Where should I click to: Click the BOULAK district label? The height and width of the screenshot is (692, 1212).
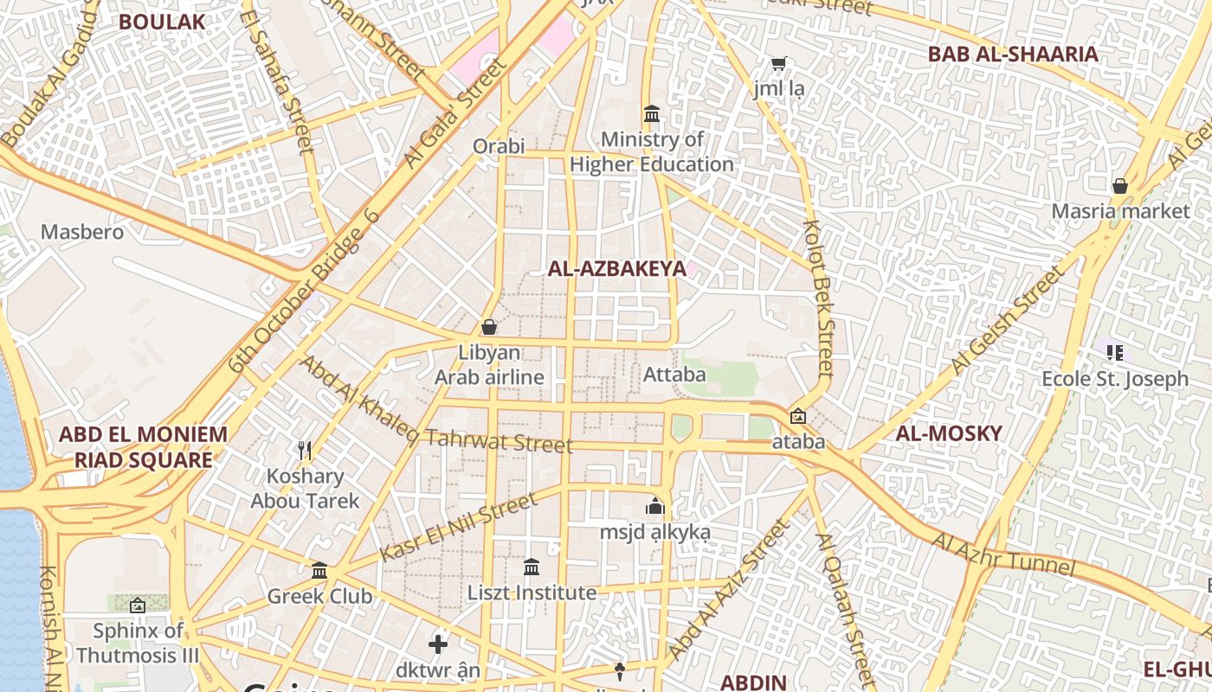162,22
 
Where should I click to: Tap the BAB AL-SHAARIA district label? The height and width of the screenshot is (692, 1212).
1013,54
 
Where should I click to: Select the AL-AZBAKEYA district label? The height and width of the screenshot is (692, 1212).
616,268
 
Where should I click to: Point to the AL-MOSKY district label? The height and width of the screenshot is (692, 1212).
949,433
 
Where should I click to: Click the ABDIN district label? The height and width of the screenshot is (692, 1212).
753,682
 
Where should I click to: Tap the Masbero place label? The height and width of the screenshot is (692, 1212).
82,232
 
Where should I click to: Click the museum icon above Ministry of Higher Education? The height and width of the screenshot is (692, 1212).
652,113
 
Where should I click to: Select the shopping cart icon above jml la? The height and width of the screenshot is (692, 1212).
779,63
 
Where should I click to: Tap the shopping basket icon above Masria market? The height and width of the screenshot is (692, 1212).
1120,185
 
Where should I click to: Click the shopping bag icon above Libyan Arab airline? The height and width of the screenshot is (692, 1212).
489,327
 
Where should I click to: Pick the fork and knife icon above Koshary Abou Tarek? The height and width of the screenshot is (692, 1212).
305,450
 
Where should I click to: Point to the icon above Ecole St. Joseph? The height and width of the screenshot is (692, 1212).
1115,352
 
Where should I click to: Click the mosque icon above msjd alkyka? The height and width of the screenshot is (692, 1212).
655,505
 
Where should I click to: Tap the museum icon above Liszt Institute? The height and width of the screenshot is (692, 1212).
532,567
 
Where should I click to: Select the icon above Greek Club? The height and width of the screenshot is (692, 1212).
319,570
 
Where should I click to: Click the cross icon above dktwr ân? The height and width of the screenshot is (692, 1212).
438,644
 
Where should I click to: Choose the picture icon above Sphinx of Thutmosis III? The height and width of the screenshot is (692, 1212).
138,605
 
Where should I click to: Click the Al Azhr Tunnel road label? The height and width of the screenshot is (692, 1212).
1003,554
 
